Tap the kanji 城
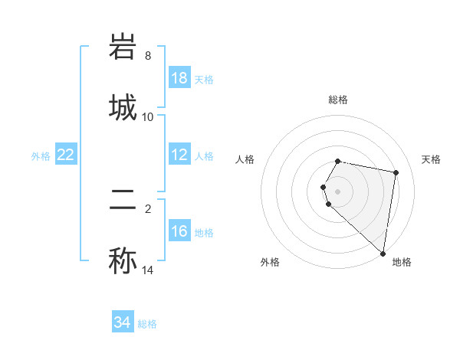point(123,106)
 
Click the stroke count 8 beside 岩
point(148,56)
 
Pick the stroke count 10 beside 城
point(148,117)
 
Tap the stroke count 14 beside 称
point(148,270)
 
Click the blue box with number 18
point(179,78)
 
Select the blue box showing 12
point(179,155)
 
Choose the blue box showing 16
point(179,231)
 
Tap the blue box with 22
point(66,155)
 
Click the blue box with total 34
point(123,322)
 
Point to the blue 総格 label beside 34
point(147,324)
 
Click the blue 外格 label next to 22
point(41,156)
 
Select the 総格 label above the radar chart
point(338,100)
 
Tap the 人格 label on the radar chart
point(245,159)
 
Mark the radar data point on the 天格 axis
point(396,173)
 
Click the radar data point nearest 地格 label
point(383,254)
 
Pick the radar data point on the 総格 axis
point(338,161)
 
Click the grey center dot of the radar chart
point(338,191)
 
